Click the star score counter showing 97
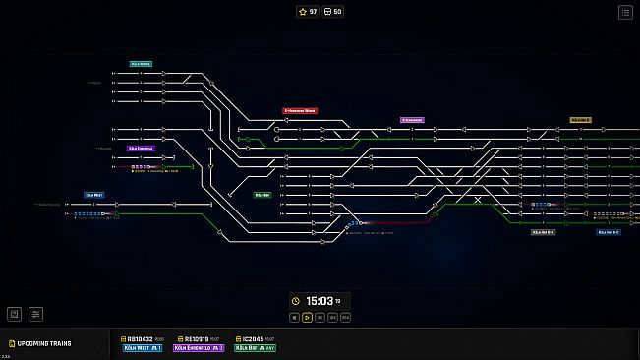[307, 12]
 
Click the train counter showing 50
[333, 12]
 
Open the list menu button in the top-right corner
[625, 12]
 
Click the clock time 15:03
[320, 301]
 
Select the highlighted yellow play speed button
[307, 318]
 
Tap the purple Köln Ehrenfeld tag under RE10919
[199, 347]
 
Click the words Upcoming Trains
[44, 343]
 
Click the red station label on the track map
[300, 111]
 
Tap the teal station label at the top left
[141, 64]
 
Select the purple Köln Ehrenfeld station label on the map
[141, 149]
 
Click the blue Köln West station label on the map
[94, 195]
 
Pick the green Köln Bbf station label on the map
[262, 195]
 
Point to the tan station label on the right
[580, 120]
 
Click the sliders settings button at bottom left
[36, 315]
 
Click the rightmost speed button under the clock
[345, 318]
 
